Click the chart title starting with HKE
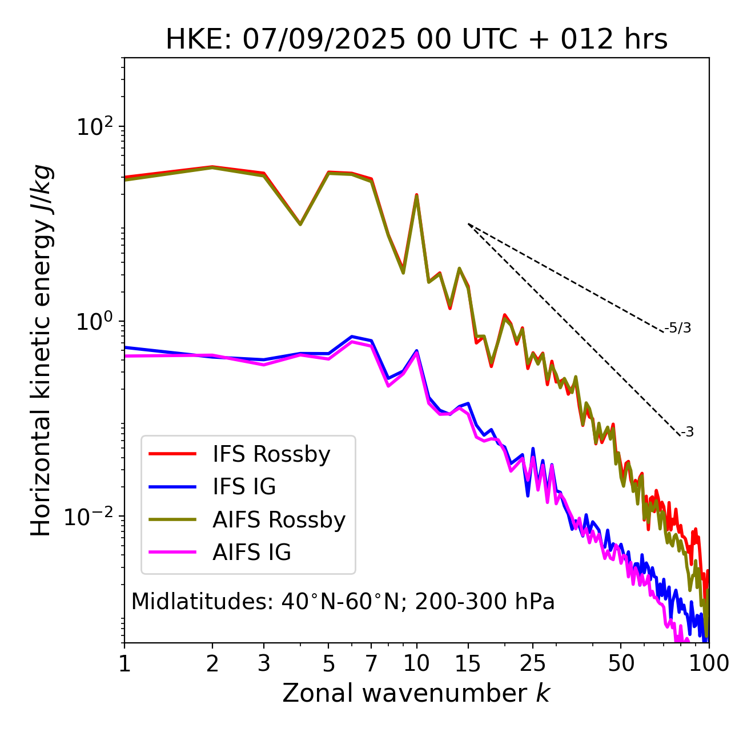click(x=416, y=40)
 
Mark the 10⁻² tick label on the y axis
click(x=91, y=516)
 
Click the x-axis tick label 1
click(x=124, y=663)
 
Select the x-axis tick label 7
click(x=371, y=663)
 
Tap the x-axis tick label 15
click(x=468, y=663)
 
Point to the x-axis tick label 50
click(x=621, y=663)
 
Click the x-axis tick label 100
click(x=708, y=663)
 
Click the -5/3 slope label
click(x=678, y=328)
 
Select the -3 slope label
click(x=687, y=432)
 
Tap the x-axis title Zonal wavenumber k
click(x=416, y=693)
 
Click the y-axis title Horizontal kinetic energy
click(x=41, y=350)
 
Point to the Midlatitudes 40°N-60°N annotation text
click(x=343, y=602)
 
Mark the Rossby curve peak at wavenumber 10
click(x=416, y=195)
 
